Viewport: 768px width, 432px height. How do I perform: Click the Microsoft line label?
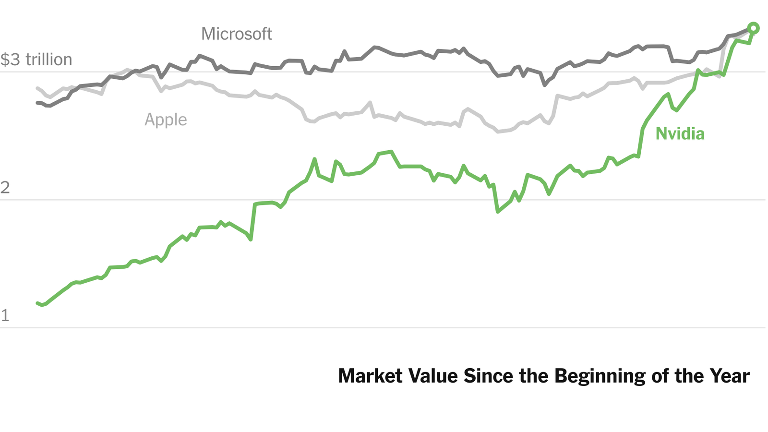(236, 34)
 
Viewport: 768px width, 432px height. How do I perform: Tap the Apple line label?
(166, 120)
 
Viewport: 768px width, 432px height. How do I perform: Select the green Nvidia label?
(680, 134)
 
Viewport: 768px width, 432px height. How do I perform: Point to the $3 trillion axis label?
(36, 60)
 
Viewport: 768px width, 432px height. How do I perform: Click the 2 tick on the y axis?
(5, 187)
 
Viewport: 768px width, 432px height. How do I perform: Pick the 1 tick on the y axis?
(5, 315)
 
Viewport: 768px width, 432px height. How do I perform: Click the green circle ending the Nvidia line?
(753, 28)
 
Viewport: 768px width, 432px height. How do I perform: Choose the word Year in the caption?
(731, 376)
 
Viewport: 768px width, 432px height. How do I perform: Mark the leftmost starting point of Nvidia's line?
(37, 303)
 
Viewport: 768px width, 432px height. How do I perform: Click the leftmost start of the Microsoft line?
(37, 103)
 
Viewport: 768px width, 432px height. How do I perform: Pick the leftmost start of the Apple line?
(37, 88)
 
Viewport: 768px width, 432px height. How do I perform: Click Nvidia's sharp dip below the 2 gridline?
(498, 211)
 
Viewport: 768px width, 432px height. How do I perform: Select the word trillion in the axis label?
(49, 60)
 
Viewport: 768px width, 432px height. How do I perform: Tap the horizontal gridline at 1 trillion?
(384, 328)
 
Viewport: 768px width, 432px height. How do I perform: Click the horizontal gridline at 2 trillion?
(384, 200)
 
